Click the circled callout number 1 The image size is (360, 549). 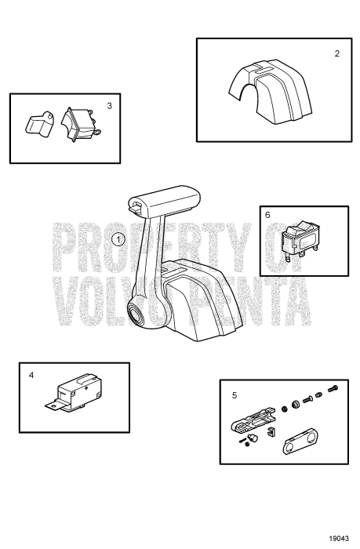pyautogui.click(x=118, y=238)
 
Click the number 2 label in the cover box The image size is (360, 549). pyautogui.click(x=336, y=54)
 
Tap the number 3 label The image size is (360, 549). pyautogui.click(x=109, y=104)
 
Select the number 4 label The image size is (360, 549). pyautogui.click(x=31, y=375)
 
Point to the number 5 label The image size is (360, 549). pyautogui.click(x=234, y=395)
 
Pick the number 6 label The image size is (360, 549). pyautogui.click(x=267, y=214)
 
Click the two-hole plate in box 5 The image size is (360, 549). pyautogui.click(x=299, y=442)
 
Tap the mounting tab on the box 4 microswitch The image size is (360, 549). pyautogui.click(x=49, y=406)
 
